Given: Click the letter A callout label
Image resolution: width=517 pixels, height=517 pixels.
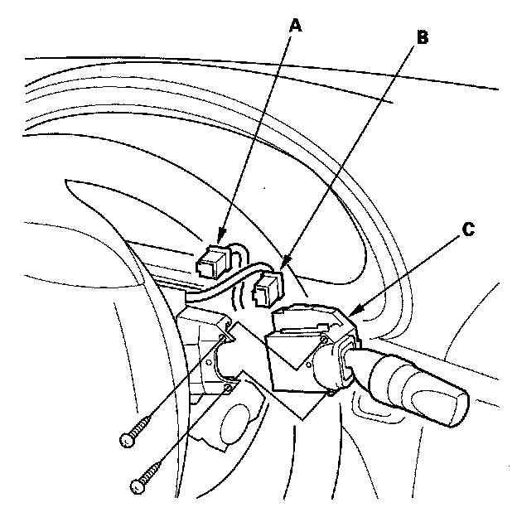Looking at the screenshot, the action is (294, 26).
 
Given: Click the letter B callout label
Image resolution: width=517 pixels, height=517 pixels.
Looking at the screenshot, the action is (423, 37).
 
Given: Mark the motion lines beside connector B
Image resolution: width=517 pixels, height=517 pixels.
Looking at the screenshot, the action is (245, 294).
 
